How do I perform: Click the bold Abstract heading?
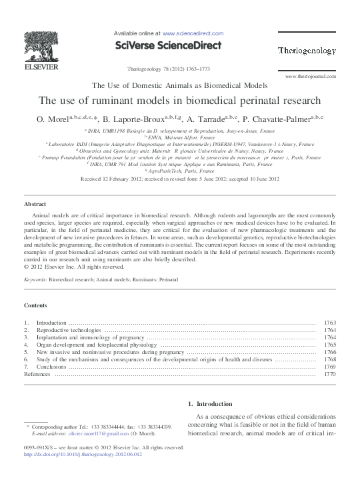[35, 204]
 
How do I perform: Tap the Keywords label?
[35, 281]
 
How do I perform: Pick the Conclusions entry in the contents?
[52, 367]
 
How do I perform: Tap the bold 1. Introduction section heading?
[210, 404]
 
